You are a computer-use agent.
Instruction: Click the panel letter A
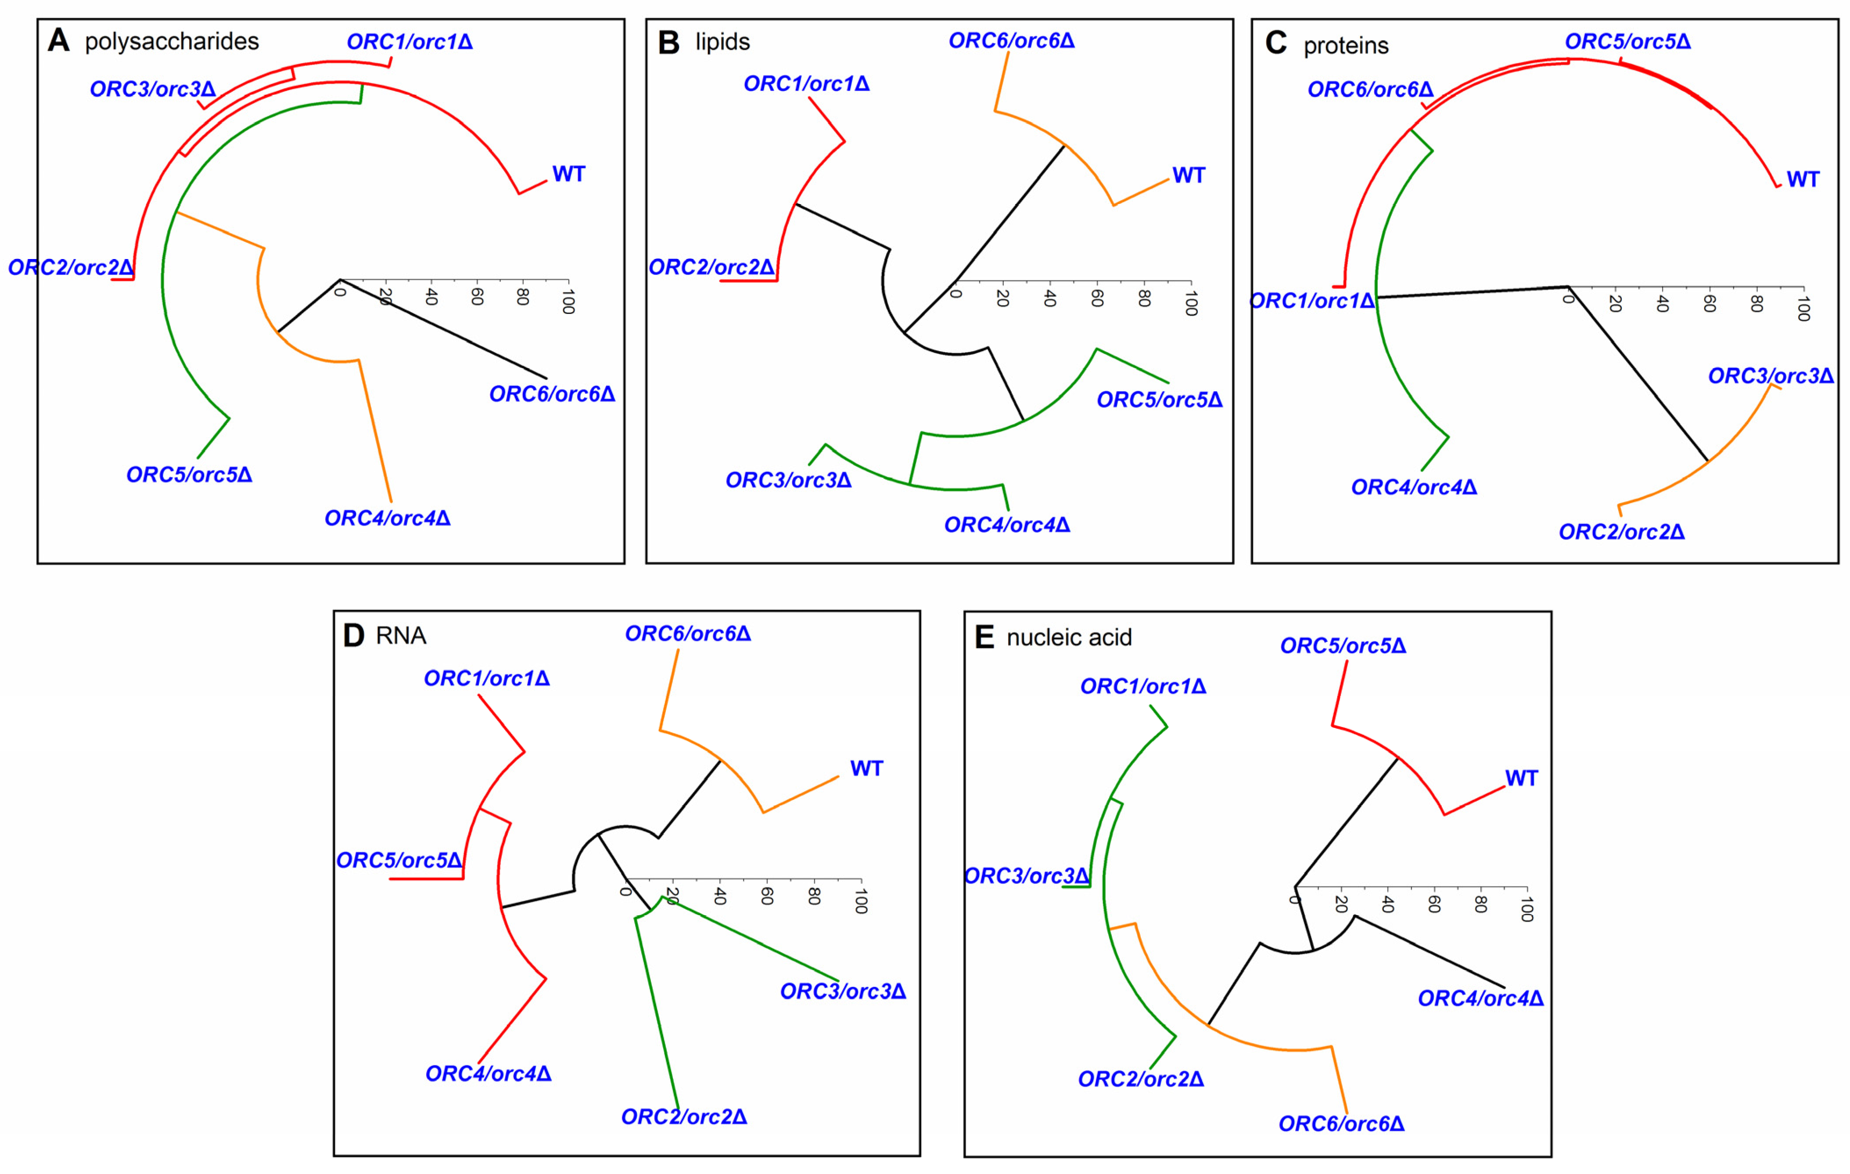pos(58,41)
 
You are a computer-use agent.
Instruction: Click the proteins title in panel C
pos(1346,46)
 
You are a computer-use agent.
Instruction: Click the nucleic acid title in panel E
pos(1069,637)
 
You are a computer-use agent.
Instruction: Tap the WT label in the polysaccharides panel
pos(568,174)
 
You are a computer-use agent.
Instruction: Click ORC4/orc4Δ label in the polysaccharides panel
pos(387,519)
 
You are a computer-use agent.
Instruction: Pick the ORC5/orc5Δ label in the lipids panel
pos(1159,400)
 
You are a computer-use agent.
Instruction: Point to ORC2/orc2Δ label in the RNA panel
pos(684,1116)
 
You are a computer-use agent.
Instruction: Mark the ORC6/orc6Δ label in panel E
pos(1341,1124)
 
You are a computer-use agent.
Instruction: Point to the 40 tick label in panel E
pos(1387,904)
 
